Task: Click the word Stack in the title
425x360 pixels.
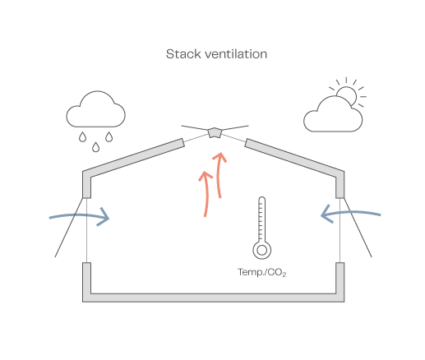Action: (x=183, y=54)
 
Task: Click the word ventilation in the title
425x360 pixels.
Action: (x=236, y=54)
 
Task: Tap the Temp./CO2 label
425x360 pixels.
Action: (x=262, y=272)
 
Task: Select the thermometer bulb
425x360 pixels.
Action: (x=262, y=250)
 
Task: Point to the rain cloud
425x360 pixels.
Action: (x=95, y=110)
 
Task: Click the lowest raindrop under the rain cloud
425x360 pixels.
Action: (x=95, y=147)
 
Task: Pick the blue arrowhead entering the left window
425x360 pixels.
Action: (x=104, y=217)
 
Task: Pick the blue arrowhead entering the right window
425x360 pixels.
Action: (x=326, y=215)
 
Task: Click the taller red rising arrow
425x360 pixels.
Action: (x=219, y=175)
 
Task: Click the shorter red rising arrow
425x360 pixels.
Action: (x=206, y=194)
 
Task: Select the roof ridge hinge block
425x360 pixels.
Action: (x=215, y=132)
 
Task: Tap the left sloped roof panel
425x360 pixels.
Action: (x=133, y=159)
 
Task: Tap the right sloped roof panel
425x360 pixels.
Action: (x=294, y=159)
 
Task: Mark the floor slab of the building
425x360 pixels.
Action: (x=214, y=298)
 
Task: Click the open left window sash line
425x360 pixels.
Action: (x=69, y=228)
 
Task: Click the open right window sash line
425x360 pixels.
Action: (x=358, y=228)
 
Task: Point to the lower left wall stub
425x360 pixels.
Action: (x=86, y=278)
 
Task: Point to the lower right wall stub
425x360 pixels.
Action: (x=340, y=278)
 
